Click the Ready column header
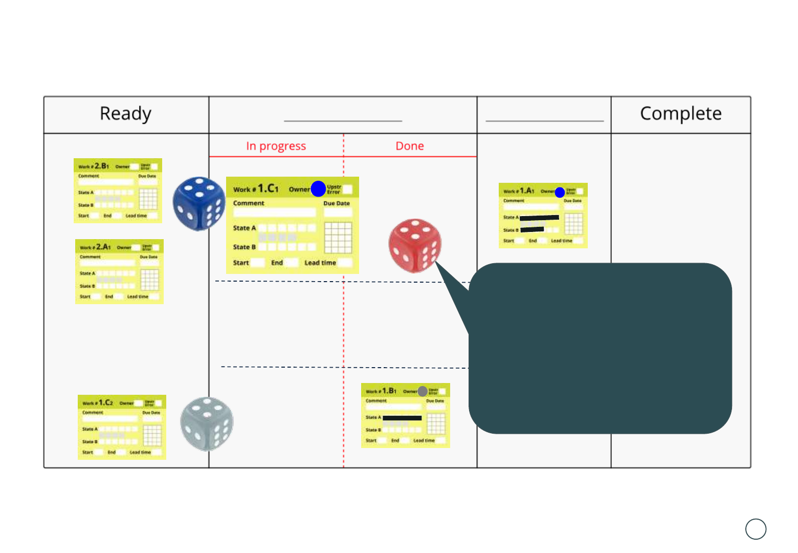[125, 114]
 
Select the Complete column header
[680, 114]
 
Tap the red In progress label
[276, 146]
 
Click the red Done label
[410, 146]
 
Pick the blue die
[199, 204]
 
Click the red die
[415, 246]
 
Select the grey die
[207, 423]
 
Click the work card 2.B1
[118, 190]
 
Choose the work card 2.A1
[119, 271]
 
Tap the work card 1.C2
[122, 427]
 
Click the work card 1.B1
[405, 415]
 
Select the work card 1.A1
[543, 216]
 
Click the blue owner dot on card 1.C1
[318, 189]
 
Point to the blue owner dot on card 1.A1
[560, 193]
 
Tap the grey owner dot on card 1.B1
[423, 392]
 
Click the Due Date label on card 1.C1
[337, 203]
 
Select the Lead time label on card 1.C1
[320, 263]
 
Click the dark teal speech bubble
[600, 348]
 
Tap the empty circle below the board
[756, 529]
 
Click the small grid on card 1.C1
[338, 238]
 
